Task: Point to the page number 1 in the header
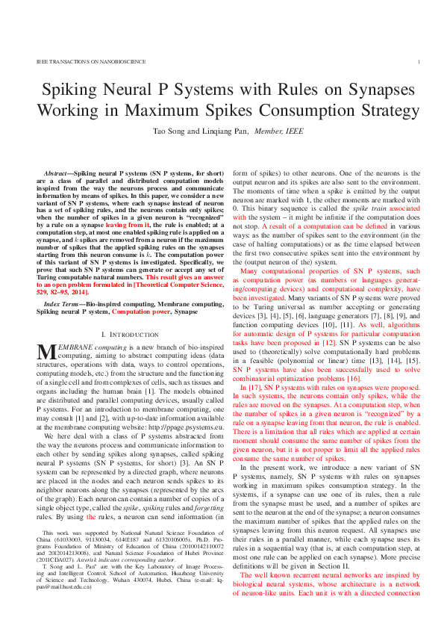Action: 419,62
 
